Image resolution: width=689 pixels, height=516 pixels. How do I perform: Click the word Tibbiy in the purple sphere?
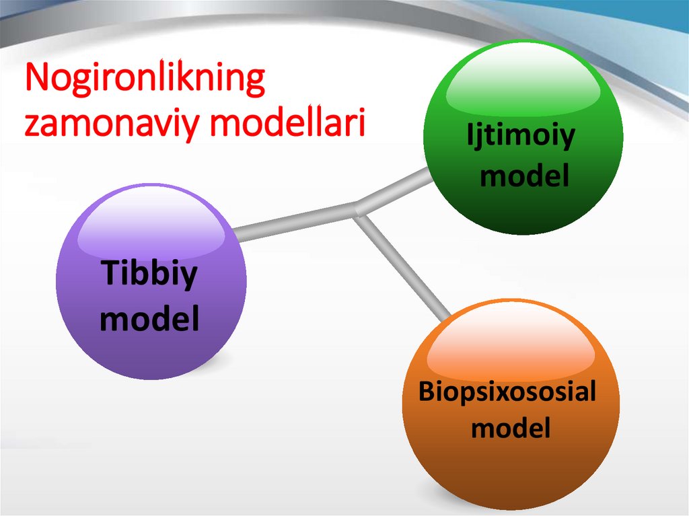pos(149,275)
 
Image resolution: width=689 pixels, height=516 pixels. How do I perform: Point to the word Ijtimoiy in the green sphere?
pos(521,137)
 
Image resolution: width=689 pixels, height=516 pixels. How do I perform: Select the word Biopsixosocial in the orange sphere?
pos(507,392)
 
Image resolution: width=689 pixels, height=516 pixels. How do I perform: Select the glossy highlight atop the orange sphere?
pos(511,344)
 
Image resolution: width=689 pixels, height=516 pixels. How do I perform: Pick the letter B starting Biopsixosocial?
pos(426,391)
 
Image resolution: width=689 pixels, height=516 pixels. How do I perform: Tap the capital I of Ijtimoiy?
pos(470,136)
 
